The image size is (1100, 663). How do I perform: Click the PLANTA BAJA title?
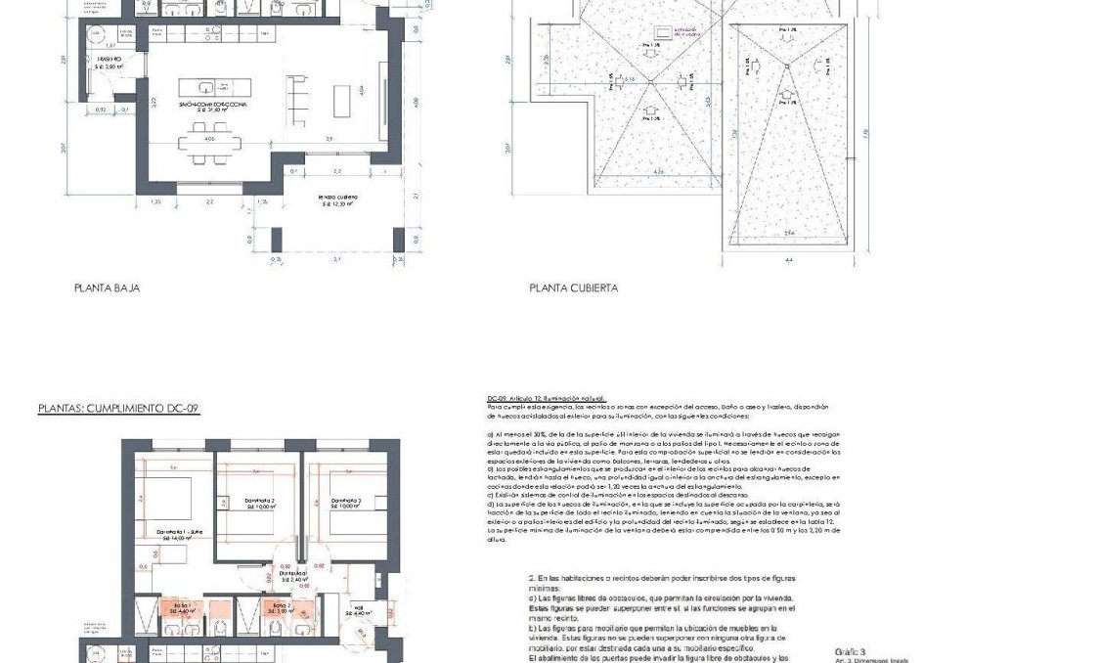point(107,288)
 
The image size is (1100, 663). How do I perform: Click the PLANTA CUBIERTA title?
point(573,288)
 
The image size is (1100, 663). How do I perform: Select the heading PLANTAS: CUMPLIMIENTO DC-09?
point(118,408)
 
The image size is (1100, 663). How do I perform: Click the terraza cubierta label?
point(335,200)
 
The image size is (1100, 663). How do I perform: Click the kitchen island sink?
point(207,86)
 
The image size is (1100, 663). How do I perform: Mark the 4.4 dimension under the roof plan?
point(788,259)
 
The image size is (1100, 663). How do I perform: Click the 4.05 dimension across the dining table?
point(209,139)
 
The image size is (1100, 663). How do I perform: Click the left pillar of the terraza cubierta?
point(277,240)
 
